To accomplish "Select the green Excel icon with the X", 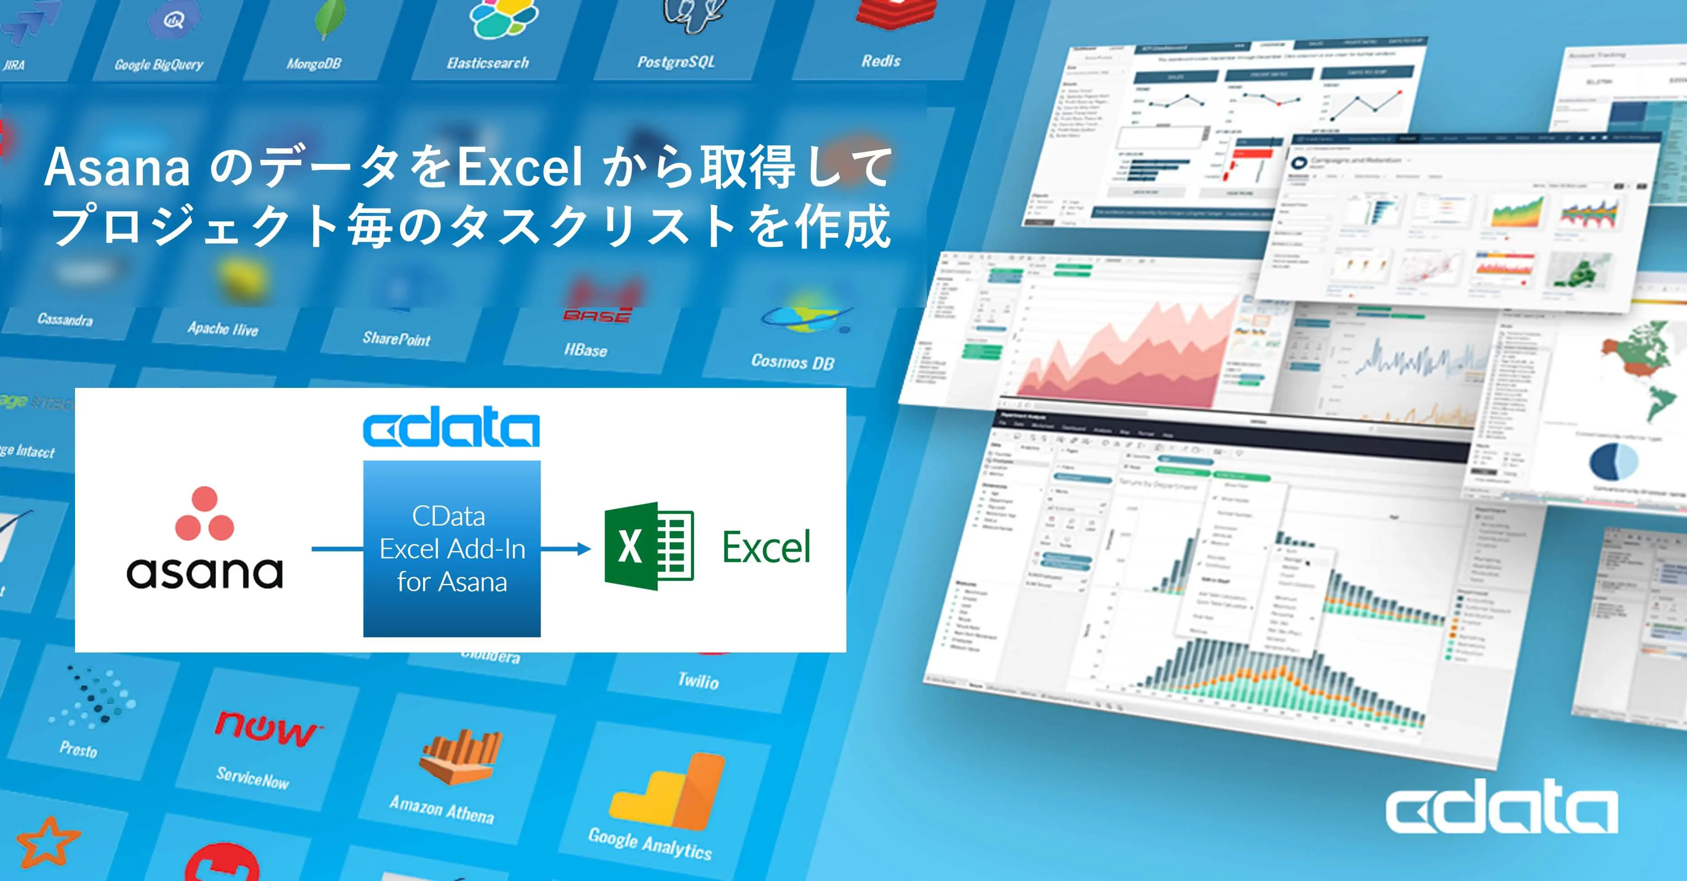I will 648,546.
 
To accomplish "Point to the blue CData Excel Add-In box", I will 452,549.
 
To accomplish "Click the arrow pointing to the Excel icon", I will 567,549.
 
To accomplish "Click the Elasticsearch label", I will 488,63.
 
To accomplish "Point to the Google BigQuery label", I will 159,64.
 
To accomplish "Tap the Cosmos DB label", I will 792,361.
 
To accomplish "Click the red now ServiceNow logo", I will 266,728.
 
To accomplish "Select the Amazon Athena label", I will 442,809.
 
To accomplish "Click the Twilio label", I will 698,681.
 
